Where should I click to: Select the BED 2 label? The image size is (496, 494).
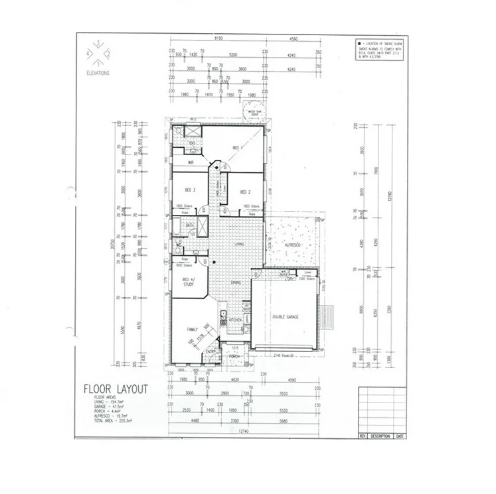245,192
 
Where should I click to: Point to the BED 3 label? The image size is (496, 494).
190,190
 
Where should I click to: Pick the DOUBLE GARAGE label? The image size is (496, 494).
286,318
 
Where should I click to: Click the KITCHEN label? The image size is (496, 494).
235,320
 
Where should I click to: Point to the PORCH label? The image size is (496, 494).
234,356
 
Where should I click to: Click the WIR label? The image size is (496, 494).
190,162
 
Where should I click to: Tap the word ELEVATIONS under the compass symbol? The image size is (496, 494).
98,73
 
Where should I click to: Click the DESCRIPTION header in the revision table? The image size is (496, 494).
380,436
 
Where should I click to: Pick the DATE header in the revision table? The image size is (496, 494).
400,436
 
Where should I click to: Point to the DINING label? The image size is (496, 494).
235,282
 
